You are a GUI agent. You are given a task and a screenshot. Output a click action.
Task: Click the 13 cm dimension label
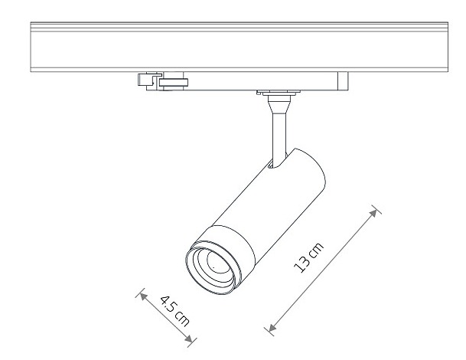pos(308,257)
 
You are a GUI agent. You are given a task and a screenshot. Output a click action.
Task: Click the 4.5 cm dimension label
pos(174,311)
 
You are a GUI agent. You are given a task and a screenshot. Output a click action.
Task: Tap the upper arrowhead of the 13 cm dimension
pos(373,213)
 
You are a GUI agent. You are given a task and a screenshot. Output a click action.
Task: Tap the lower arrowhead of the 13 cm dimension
pos(272,327)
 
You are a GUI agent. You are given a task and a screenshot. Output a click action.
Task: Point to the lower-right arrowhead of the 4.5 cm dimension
pos(188,338)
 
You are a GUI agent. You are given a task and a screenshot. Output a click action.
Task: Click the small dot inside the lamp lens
pos(213,267)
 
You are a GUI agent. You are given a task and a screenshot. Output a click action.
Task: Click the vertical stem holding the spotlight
pos(279,134)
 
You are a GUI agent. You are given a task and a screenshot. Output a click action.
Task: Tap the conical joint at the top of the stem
pos(279,106)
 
